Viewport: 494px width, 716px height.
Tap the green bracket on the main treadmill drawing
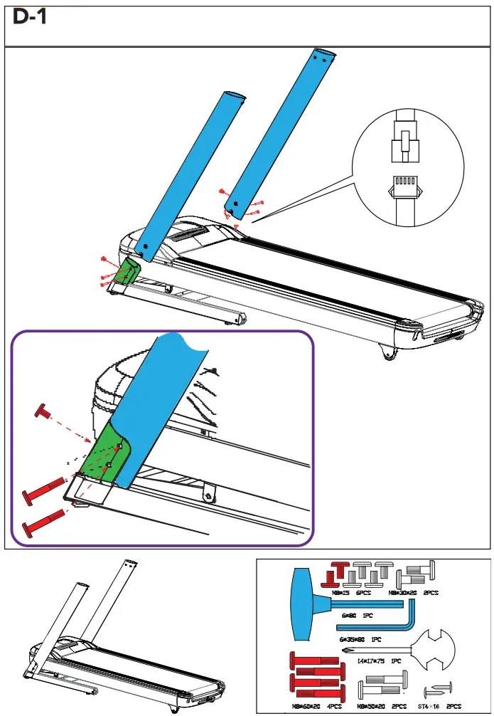point(127,270)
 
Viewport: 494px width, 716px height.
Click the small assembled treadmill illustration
point(100,641)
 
